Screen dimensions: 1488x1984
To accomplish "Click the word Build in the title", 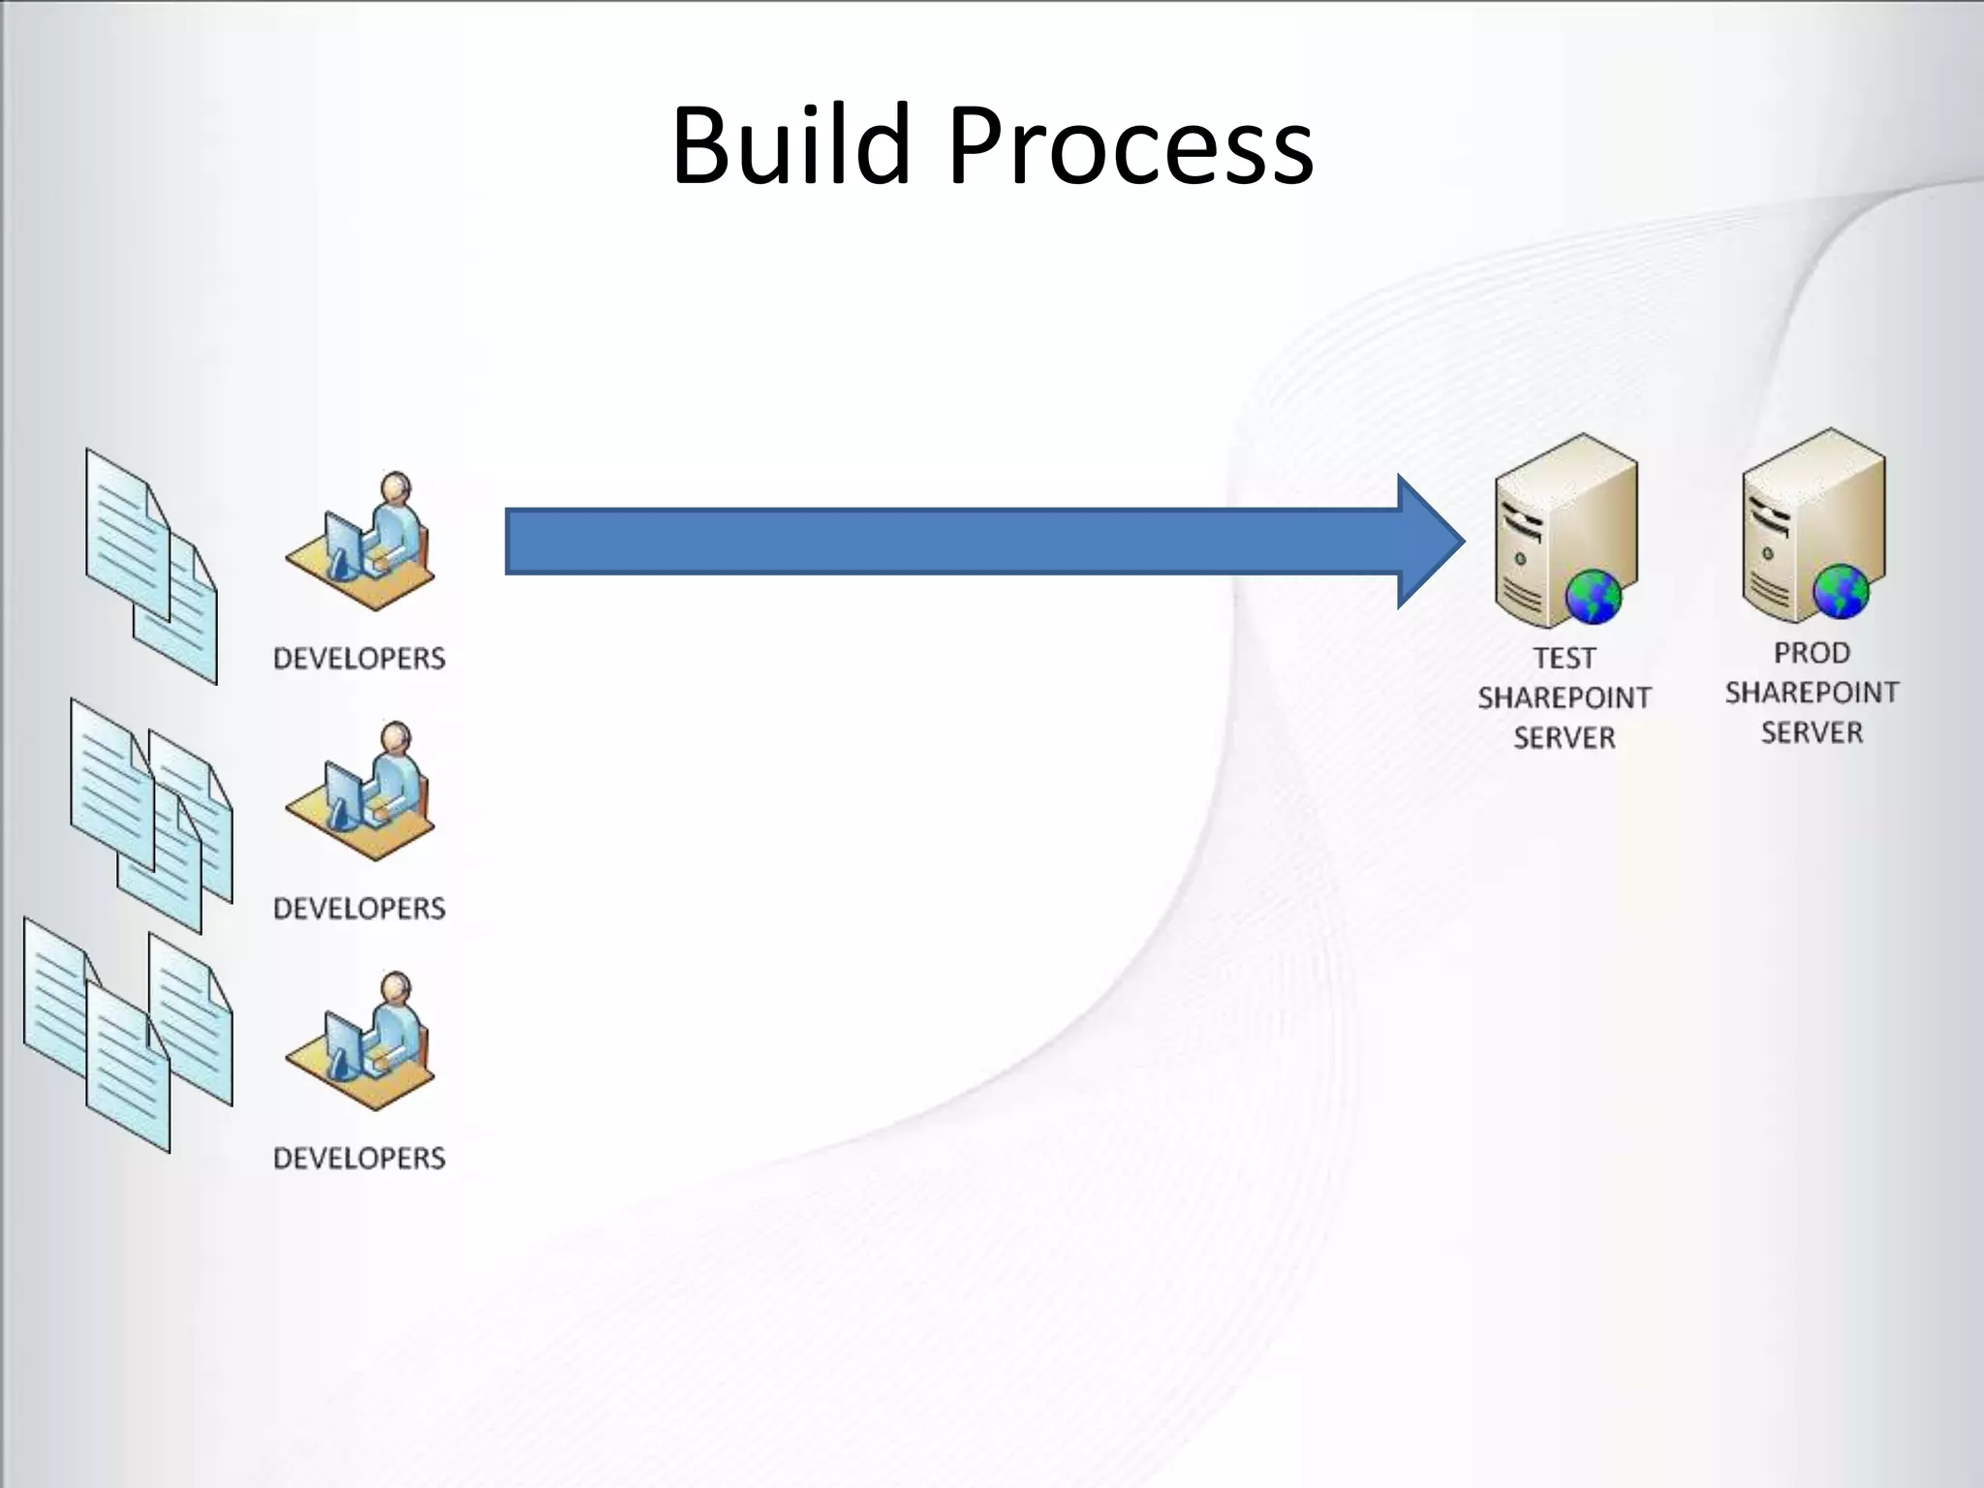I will (x=790, y=145).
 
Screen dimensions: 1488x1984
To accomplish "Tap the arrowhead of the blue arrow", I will (x=1430, y=542).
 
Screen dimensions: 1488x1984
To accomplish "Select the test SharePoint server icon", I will (x=1565, y=529).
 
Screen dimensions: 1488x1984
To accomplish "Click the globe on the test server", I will (x=1593, y=596).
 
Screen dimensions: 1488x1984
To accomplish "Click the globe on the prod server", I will (x=1840, y=591).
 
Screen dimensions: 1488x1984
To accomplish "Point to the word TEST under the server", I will (x=1564, y=659).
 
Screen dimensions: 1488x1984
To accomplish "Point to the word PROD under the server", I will (x=1812, y=654).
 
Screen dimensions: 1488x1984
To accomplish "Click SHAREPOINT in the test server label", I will (x=1564, y=698).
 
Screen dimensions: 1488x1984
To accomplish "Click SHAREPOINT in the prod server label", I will (x=1812, y=694).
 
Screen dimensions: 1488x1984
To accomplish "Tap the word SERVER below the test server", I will (x=1564, y=738).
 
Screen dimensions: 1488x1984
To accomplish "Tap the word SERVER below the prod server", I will (x=1812, y=733).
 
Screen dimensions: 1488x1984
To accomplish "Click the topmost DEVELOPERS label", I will (x=359, y=659).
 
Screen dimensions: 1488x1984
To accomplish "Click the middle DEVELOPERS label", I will (x=359, y=909).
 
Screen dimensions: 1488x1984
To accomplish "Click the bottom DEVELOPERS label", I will (x=359, y=1159).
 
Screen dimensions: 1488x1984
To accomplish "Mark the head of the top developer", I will (x=395, y=487).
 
